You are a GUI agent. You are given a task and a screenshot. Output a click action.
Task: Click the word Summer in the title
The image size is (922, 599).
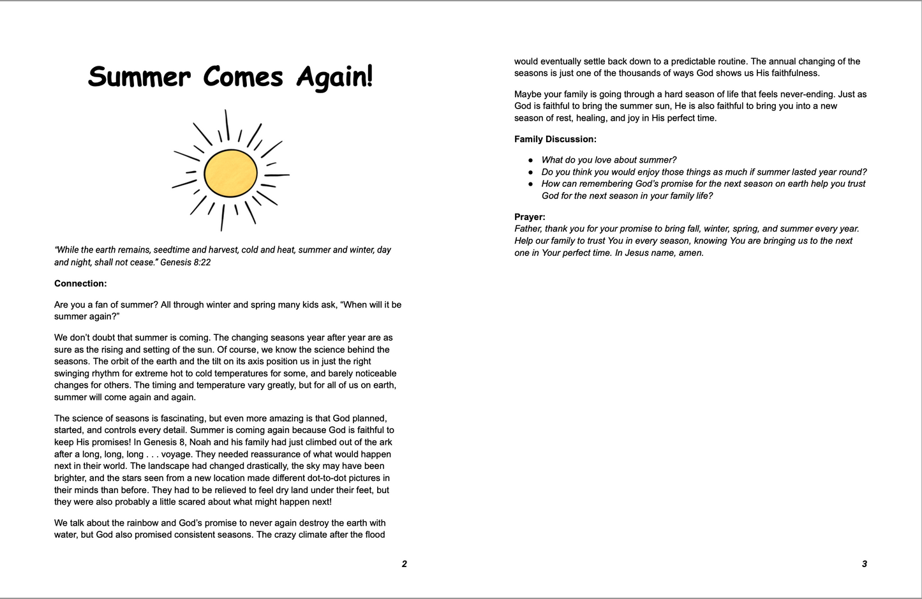pos(139,77)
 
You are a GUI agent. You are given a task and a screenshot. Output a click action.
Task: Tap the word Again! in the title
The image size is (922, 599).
pos(334,77)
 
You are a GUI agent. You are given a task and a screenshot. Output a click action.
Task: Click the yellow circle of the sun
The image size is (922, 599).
pos(230,173)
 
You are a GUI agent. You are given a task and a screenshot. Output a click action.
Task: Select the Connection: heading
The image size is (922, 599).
pos(80,283)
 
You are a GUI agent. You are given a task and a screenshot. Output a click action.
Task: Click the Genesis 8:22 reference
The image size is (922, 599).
pos(185,262)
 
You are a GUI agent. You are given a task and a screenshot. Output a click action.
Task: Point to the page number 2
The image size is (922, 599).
pos(404,564)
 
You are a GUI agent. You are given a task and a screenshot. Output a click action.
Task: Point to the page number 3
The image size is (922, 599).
pos(865,564)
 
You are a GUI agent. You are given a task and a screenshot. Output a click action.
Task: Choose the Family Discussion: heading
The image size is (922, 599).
pos(555,139)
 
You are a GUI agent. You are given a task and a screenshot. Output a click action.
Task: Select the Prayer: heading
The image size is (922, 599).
pos(530,217)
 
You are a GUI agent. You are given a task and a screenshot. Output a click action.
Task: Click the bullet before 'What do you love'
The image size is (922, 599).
pos(530,160)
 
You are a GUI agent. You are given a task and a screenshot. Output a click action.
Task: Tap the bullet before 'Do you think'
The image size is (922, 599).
pos(530,172)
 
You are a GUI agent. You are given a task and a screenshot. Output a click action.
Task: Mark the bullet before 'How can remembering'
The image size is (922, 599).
pos(530,184)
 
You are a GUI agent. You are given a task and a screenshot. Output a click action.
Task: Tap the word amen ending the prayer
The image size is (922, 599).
pos(691,253)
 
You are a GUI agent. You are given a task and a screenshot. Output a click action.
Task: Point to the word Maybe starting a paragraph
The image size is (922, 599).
pos(528,94)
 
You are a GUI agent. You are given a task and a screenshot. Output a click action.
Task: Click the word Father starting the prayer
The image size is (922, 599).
pos(528,228)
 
